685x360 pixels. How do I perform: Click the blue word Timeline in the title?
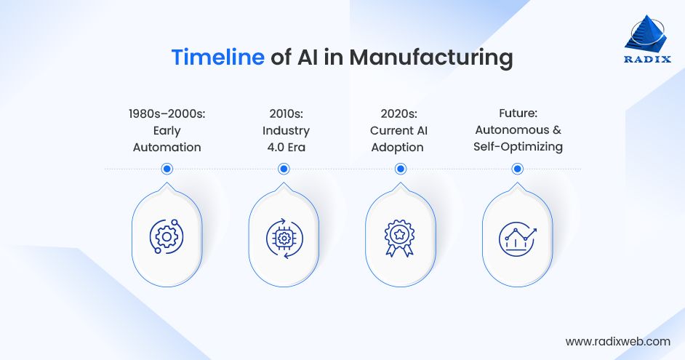tap(218, 57)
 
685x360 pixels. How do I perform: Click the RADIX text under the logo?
tap(647, 59)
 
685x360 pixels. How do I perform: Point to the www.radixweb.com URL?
tap(617, 341)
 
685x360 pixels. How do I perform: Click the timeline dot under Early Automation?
tap(167, 169)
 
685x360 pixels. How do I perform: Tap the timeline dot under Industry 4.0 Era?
tap(284, 169)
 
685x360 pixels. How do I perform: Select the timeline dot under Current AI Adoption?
tap(400, 169)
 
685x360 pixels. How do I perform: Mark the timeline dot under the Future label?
tap(517, 169)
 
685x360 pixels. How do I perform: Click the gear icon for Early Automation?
tap(167, 236)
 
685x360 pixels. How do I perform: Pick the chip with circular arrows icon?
tap(284, 238)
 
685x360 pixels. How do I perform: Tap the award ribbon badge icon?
tap(399, 238)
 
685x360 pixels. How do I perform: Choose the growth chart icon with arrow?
tap(517, 239)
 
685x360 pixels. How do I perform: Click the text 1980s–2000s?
tap(167, 113)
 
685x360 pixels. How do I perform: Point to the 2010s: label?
tap(287, 113)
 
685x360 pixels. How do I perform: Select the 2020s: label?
tap(398, 113)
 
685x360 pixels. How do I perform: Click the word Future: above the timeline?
tap(518, 113)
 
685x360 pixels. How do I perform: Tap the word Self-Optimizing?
tap(518, 147)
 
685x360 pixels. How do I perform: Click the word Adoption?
tap(398, 148)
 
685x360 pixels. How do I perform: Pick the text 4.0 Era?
tap(287, 147)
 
